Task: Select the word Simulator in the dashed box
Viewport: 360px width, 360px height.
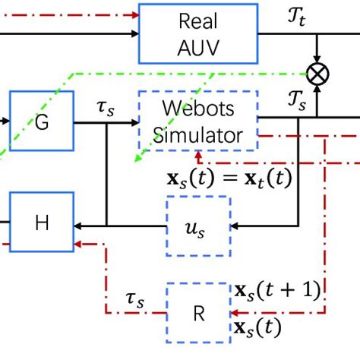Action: [198, 134]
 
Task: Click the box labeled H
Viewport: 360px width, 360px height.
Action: [42, 222]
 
